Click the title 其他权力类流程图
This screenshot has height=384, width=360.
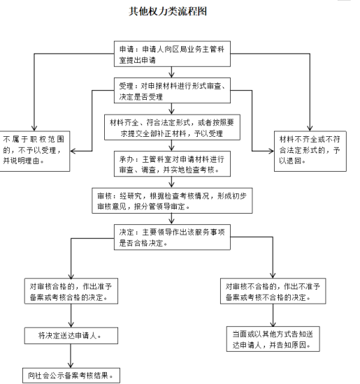pos(168,11)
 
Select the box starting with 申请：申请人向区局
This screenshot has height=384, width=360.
pos(172,54)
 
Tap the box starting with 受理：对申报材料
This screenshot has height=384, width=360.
pos(172,90)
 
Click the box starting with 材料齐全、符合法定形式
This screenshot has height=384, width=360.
pos(172,127)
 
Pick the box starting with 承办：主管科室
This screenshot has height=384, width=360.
pos(172,163)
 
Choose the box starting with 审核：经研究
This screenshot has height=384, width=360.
pos(172,200)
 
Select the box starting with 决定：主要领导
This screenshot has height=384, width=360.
pos(172,237)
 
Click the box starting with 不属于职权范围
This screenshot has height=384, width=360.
pos(34,151)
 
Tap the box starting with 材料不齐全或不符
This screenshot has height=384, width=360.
pos(310,151)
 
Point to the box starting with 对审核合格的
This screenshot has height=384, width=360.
pos(71,291)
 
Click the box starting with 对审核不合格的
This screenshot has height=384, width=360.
pos(273,291)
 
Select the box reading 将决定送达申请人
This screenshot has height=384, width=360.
pos(71,336)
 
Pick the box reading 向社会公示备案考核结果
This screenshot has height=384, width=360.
pos(71,376)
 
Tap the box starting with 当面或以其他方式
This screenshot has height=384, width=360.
pos(273,339)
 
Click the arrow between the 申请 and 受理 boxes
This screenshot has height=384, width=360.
pos(172,72)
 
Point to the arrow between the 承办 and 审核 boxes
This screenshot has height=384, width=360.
pos(172,182)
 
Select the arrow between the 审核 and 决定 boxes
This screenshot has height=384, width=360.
pos(172,219)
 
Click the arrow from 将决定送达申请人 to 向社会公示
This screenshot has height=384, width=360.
pos(71,356)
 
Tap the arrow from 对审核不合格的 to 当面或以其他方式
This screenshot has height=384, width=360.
pos(273,315)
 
